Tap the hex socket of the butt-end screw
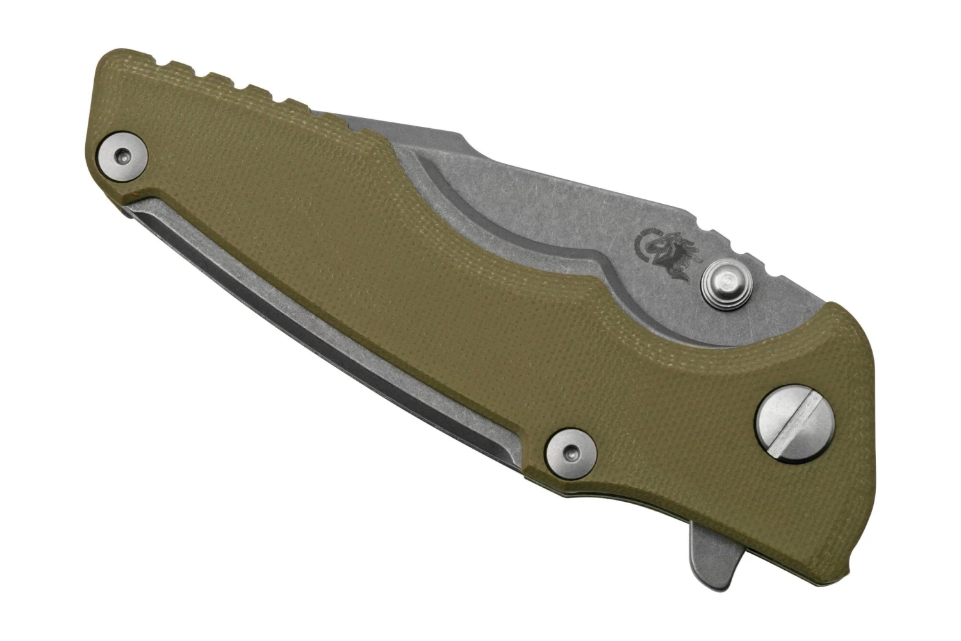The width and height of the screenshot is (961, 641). (122, 155)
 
